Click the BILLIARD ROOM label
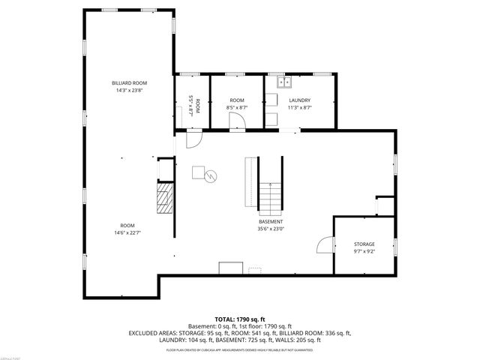pos(128,83)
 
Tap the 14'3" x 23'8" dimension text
pos(128,91)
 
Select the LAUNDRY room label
pos(299,100)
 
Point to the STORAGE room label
pos(364,244)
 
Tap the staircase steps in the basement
pos(271,197)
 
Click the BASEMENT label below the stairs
pos(271,222)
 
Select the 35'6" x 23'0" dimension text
pos(271,230)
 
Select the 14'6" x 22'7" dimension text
pos(127,234)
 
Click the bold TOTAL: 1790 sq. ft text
pos(239,319)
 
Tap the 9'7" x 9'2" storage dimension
pos(364,253)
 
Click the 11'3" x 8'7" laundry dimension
pos(299,109)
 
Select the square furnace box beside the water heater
pos(199,172)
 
